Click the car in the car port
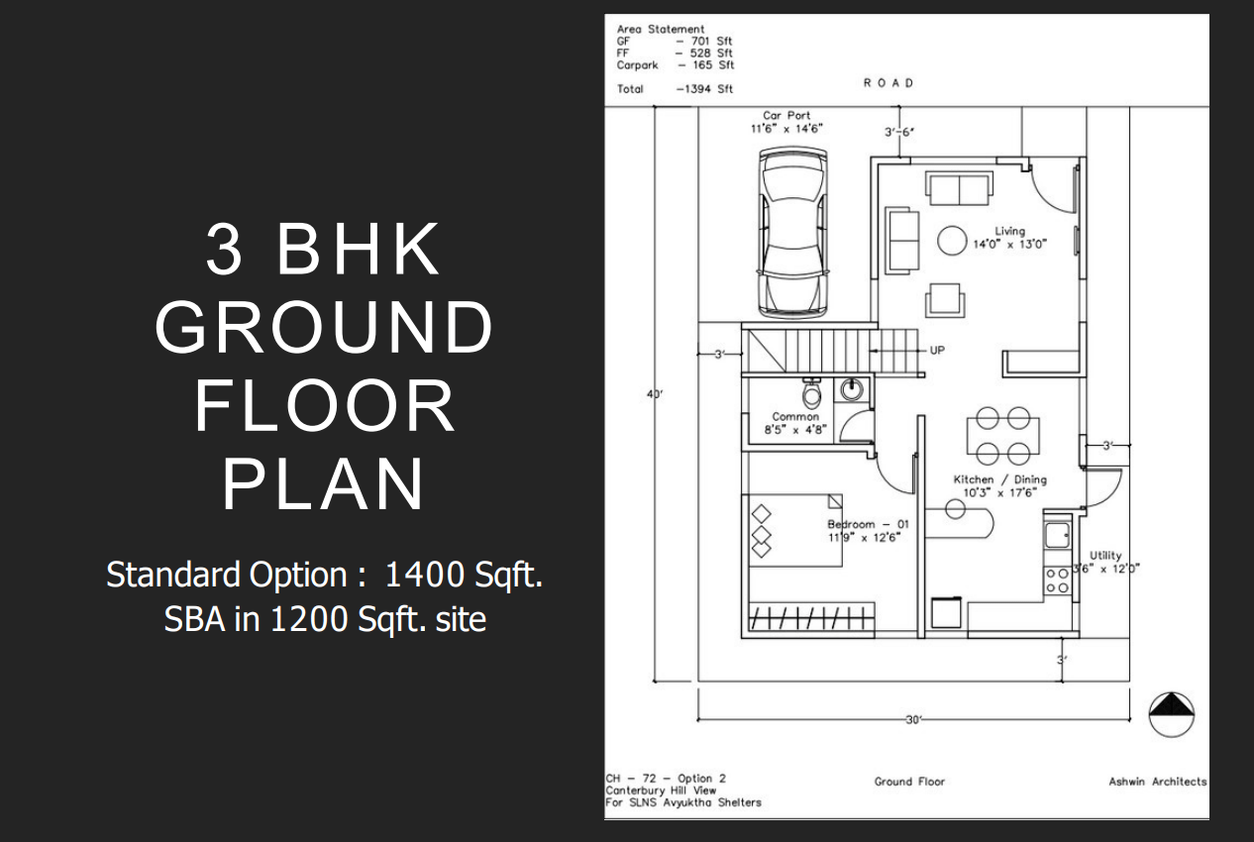792,234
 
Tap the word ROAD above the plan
888,83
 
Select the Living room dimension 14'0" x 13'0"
1009,245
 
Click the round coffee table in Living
952,240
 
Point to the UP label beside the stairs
937,351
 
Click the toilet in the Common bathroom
811,393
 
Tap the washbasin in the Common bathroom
852,389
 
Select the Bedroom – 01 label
868,525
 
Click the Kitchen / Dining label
999,479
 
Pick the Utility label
1105,556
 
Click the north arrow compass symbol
1171,714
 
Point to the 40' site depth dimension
655,394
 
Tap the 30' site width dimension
913,720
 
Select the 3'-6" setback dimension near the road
899,132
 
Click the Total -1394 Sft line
675,89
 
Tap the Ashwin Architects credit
1157,782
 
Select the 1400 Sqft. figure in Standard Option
464,575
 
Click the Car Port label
786,115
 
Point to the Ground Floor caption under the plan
909,782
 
